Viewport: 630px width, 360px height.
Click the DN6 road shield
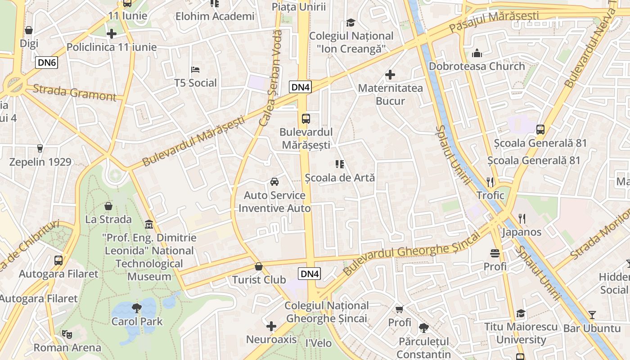click(47, 63)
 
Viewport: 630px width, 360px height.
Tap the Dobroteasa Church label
click(477, 66)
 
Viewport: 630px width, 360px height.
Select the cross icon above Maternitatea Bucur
click(390, 75)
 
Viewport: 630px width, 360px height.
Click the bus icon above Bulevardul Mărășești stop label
click(306, 119)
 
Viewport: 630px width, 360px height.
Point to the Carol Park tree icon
click(137, 308)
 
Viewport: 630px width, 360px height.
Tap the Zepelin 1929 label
click(40, 162)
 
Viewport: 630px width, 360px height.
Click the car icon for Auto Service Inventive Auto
click(274, 182)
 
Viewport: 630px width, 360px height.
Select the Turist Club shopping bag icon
click(259, 266)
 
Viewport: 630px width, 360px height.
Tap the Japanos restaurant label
click(522, 232)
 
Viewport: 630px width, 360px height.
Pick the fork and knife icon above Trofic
click(490, 182)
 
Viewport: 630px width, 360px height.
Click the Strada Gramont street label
click(74, 92)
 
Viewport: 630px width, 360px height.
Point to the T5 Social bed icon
click(195, 70)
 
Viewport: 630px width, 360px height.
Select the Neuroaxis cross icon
click(271, 326)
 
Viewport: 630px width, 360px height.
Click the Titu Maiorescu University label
click(521, 333)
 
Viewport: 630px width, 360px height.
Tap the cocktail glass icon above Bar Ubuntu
click(592, 315)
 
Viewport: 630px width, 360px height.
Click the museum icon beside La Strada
click(149, 224)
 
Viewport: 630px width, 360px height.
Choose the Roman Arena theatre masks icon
click(67, 334)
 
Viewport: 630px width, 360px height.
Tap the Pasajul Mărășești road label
click(494, 21)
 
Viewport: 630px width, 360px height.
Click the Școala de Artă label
click(340, 178)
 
